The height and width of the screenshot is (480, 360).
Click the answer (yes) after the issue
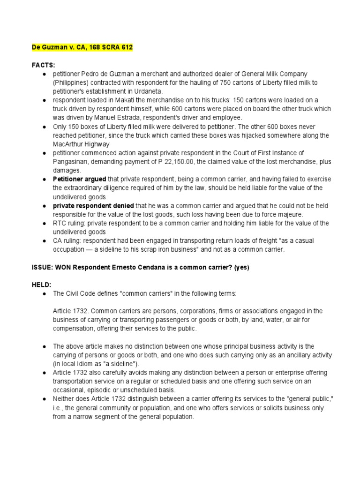(x=240, y=267)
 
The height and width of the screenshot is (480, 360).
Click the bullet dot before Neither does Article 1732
(x=43, y=398)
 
